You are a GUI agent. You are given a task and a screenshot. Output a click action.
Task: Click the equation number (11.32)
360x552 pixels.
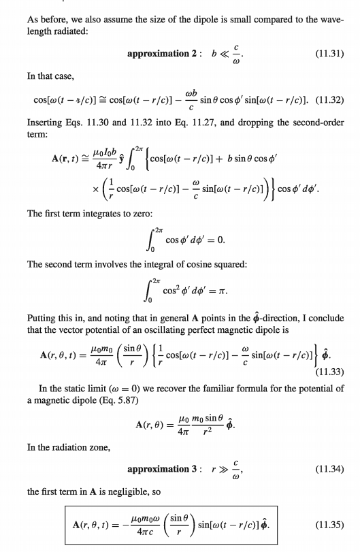[331, 101]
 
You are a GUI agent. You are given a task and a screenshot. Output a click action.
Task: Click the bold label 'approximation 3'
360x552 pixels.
[162, 469]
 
